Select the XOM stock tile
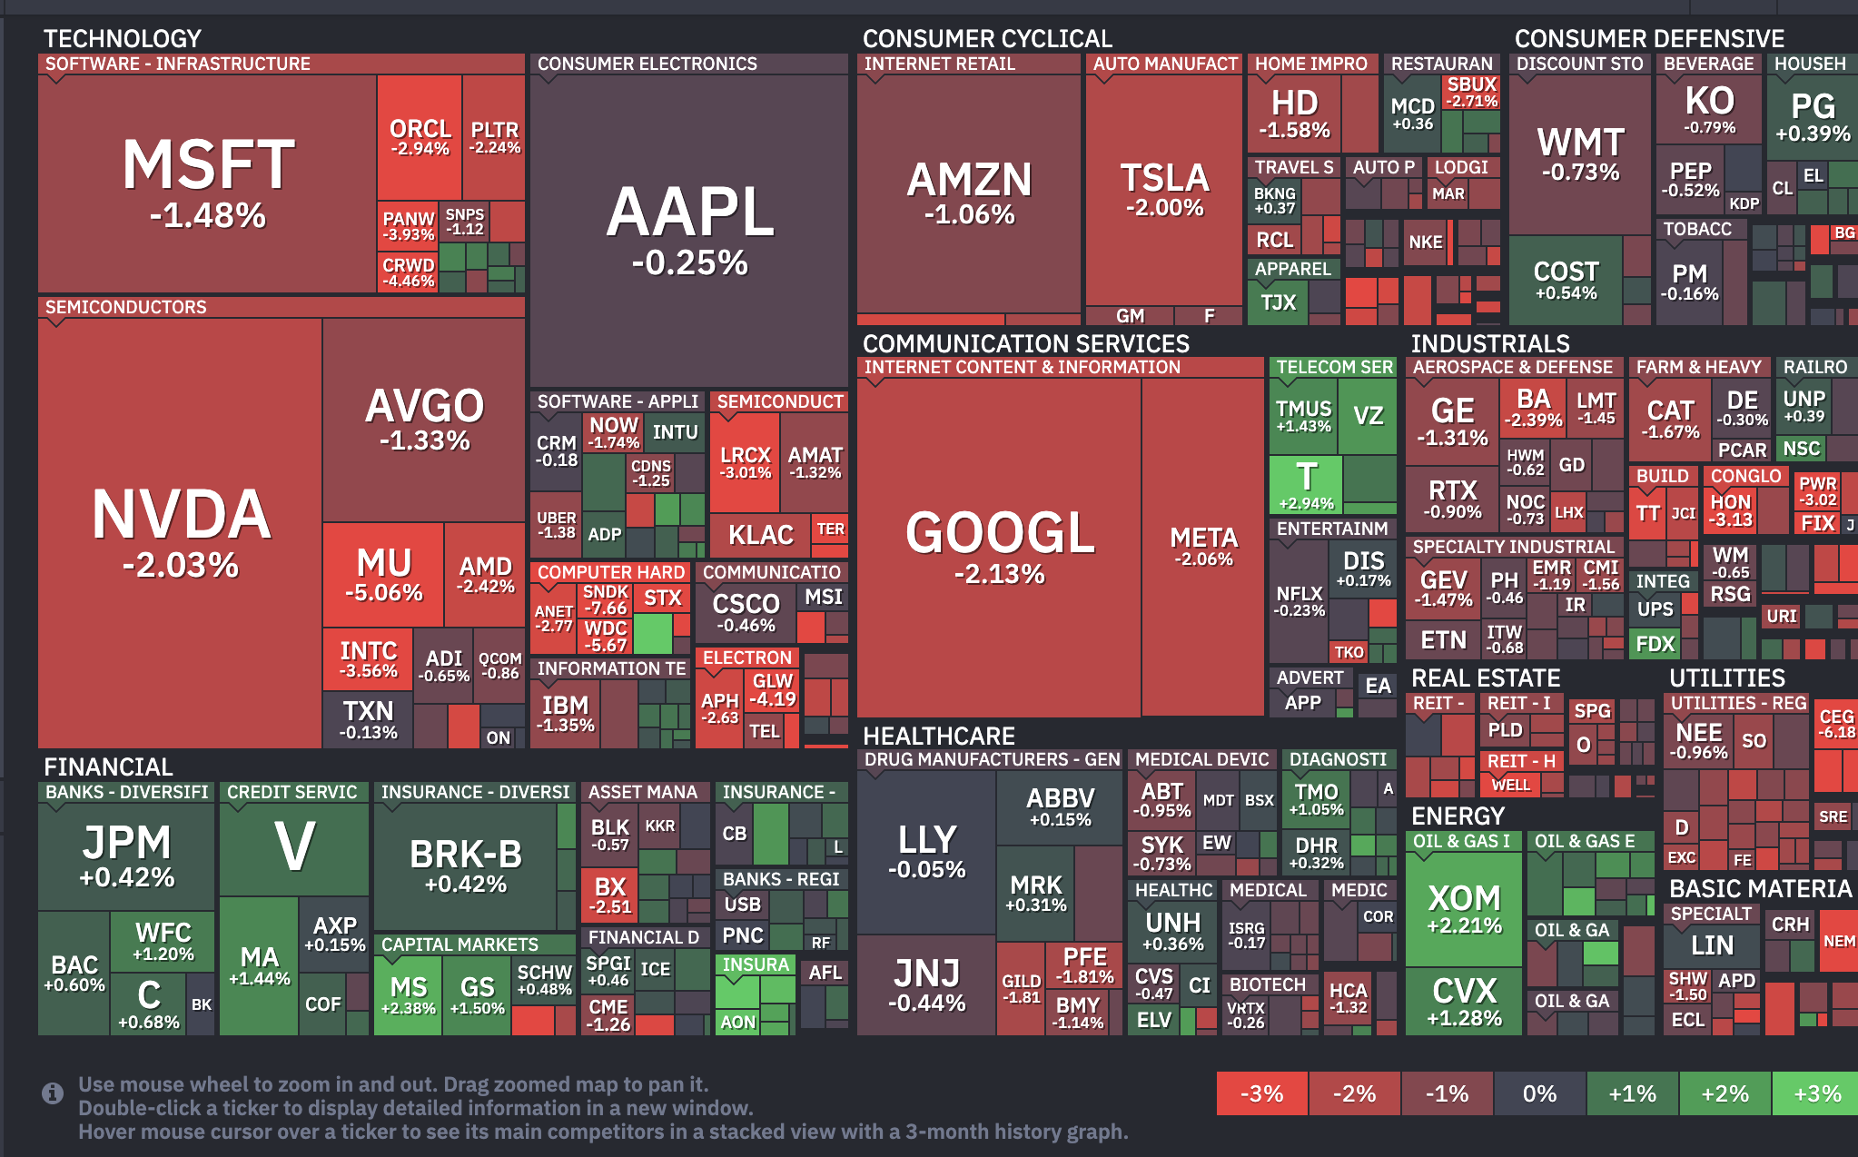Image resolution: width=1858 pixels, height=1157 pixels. click(1463, 908)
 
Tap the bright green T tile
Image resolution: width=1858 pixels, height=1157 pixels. click(1306, 483)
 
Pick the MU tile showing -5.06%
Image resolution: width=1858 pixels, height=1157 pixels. click(383, 574)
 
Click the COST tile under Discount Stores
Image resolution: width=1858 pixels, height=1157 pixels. click(1566, 279)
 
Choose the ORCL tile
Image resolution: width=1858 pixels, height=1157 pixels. click(420, 136)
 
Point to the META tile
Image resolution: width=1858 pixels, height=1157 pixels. click(1202, 545)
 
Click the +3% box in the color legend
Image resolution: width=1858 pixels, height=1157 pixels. click(1816, 1093)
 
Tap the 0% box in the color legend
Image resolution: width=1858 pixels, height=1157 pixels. click(1539, 1093)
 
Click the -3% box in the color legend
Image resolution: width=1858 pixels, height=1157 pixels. click(1261, 1093)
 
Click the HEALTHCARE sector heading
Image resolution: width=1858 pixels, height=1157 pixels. click(938, 736)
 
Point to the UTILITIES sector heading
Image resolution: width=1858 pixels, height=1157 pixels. click(1726, 678)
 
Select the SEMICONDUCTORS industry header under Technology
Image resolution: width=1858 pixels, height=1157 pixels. click(126, 307)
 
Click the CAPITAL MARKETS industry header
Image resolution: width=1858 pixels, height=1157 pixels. click(460, 944)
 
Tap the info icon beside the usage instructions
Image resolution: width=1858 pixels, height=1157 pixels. click(53, 1093)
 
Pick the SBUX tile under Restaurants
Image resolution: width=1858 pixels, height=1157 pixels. click(1471, 91)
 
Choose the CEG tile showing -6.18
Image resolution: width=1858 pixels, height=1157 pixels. click(1836, 723)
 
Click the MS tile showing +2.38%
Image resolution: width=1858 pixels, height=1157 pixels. click(408, 995)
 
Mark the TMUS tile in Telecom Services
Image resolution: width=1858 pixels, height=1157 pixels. click(1303, 416)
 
